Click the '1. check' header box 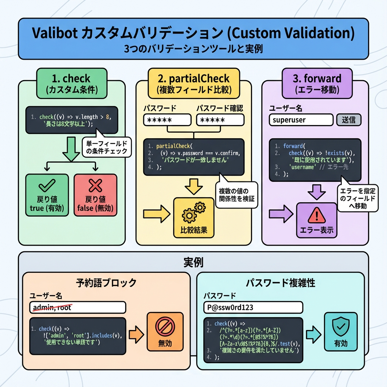(x=71, y=84)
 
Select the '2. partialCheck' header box (x=194, y=84)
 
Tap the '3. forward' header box (x=317, y=84)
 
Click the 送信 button (x=348, y=120)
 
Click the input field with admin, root (x=77, y=307)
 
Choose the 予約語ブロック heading (x=106, y=282)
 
